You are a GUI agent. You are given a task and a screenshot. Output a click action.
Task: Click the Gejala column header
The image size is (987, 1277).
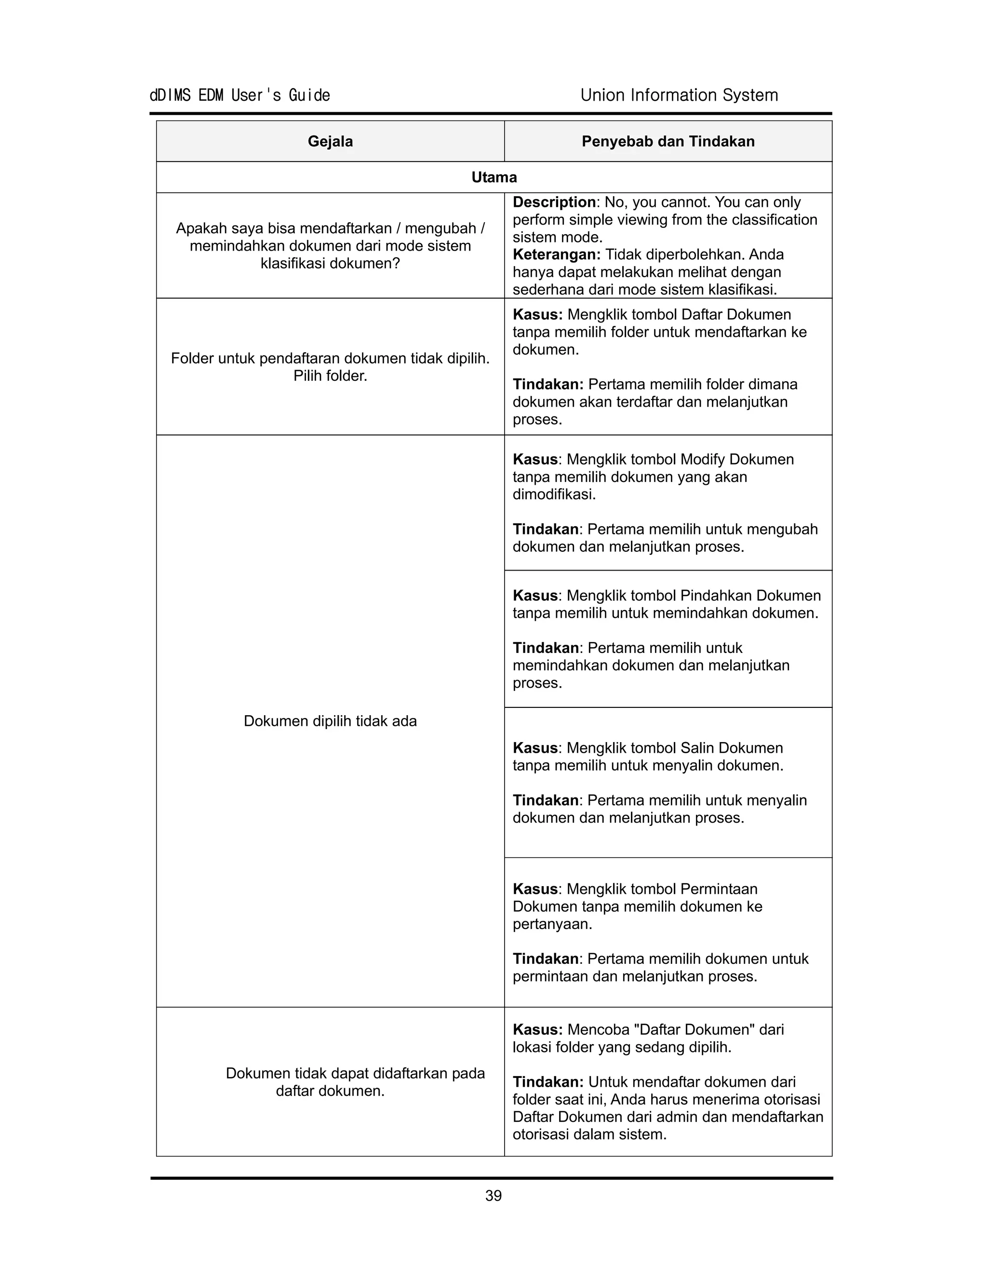(x=330, y=142)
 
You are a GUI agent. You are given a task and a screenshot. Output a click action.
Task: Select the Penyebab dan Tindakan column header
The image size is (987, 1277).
(x=668, y=142)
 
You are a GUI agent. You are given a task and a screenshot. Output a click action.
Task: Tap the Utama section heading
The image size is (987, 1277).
(x=494, y=178)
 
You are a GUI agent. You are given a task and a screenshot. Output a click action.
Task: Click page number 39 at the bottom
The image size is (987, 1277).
(x=493, y=1196)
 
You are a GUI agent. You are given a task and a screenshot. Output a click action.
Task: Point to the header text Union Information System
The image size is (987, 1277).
(x=679, y=95)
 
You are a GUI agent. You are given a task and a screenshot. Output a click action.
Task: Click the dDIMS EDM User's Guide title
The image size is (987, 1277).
(x=240, y=95)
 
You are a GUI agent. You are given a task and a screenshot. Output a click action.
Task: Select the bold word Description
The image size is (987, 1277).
(x=554, y=202)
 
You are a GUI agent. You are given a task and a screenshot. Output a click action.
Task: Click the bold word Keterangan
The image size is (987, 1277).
(x=556, y=254)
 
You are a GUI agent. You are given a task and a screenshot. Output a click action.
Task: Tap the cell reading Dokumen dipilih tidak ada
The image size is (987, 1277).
(x=330, y=721)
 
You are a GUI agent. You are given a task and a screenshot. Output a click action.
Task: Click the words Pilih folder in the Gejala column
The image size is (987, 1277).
(x=330, y=376)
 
